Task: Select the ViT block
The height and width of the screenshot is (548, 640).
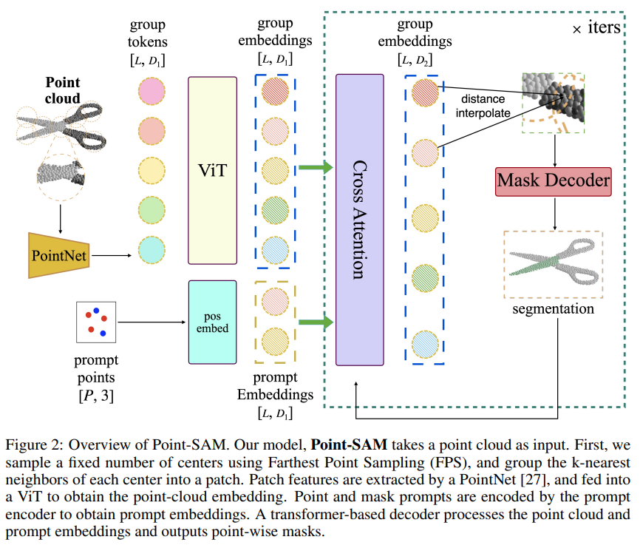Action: [212, 170]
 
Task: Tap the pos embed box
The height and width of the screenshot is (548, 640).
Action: [212, 322]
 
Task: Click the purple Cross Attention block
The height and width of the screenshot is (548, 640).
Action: [360, 219]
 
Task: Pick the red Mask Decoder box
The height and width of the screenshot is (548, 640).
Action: [554, 179]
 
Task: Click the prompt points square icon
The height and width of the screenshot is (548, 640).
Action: [96, 322]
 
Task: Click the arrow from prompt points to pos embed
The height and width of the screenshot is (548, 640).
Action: [152, 322]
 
